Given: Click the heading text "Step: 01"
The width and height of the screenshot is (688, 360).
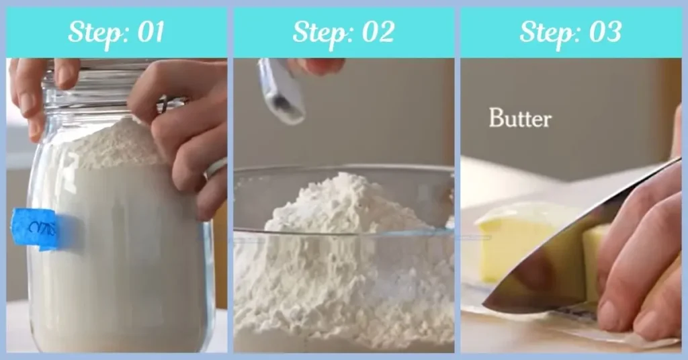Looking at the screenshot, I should pos(116,32).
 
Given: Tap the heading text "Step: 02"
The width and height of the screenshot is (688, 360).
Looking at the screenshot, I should pos(343,32).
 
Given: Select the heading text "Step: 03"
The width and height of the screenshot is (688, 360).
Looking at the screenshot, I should pos(570,32).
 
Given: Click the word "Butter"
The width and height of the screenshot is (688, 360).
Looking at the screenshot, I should pos(519,119).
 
